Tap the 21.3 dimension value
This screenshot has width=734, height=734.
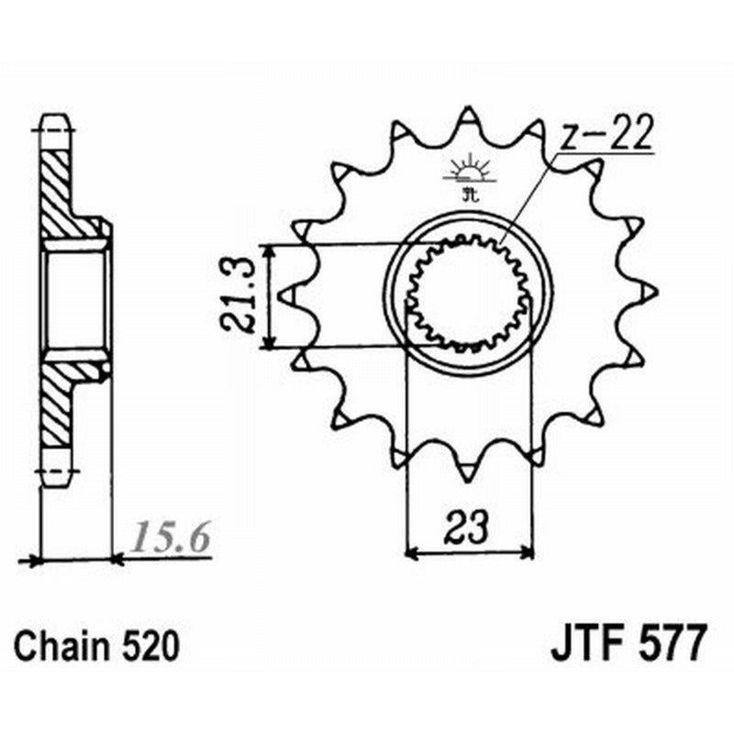point(237,296)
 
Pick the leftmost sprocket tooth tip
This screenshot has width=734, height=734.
point(287,295)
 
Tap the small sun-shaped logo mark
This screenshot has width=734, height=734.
point(469,172)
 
